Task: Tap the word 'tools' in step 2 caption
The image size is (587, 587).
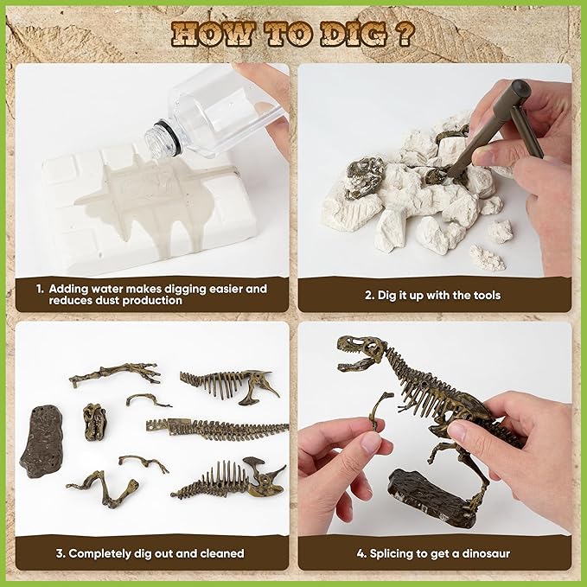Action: [487, 296]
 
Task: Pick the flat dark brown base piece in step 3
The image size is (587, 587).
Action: [41, 441]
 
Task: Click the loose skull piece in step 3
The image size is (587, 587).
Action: [95, 422]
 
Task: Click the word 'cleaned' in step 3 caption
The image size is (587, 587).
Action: [222, 553]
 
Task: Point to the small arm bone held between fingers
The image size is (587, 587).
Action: [379, 409]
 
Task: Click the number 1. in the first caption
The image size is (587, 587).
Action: [40, 289]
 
